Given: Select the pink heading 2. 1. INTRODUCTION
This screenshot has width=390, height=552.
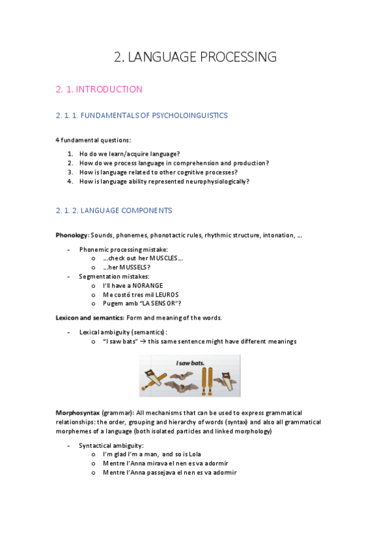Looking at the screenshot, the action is pyautogui.click(x=99, y=90).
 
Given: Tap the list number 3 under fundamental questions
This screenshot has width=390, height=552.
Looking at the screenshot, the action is pyautogui.click(x=70, y=172).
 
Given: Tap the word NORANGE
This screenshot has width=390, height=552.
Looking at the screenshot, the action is pyautogui.click(x=146, y=285).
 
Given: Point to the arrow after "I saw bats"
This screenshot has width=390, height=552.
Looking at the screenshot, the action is pyautogui.click(x=147, y=342).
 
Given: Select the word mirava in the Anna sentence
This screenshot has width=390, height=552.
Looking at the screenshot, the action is pyautogui.click(x=160, y=463).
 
